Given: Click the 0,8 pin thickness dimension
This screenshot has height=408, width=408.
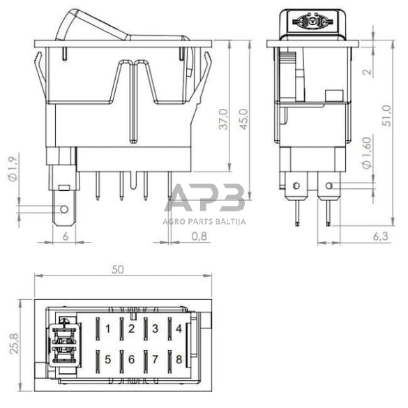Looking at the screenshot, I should point(199,236).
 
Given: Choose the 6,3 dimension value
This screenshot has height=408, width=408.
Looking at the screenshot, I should point(381,236).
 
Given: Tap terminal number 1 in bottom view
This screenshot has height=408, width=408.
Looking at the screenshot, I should point(108,328).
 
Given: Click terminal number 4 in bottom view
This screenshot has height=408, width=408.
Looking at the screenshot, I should point(179,328).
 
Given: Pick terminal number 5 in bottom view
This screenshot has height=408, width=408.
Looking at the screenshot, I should point(108,360).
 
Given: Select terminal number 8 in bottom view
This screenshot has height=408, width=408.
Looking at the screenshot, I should point(179,360).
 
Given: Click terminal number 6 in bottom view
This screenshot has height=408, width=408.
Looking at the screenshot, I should point(132,360).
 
